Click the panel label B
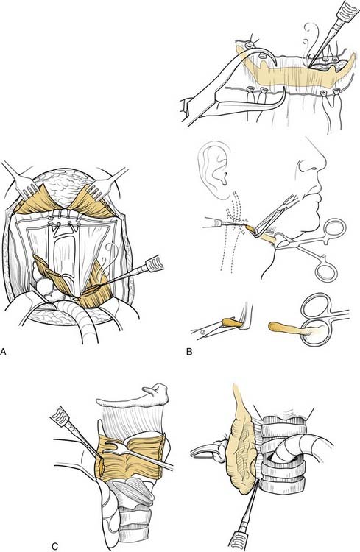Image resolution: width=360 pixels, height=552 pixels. pyautogui.click(x=189, y=351)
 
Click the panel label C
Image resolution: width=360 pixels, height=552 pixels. pyautogui.click(x=54, y=546)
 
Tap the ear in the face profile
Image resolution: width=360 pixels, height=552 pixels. pyautogui.click(x=213, y=171)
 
